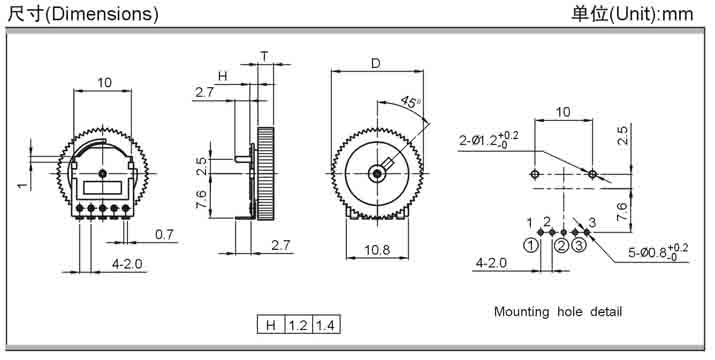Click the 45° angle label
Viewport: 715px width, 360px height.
pos(411,102)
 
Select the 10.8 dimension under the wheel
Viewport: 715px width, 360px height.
pos(377,250)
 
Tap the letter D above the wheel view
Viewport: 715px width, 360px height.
pos(375,63)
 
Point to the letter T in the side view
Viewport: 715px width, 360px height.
pos(264,57)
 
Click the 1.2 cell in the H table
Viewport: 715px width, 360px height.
pos(298,325)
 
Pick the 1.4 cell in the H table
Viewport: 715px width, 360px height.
pos(326,325)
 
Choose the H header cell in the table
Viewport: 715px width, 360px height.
pos(271,325)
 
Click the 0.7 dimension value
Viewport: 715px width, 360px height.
pos(164,235)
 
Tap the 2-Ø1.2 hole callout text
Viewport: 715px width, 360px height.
pos(489,140)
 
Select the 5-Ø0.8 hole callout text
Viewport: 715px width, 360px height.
pos(658,251)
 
